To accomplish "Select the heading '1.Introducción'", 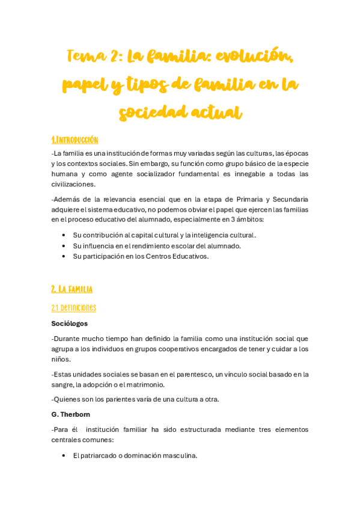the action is [75, 140].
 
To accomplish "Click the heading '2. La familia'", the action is [72, 289].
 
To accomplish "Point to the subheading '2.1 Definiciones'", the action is [73, 308].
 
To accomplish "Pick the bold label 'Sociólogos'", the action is [70, 324].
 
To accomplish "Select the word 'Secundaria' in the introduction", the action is [290, 199].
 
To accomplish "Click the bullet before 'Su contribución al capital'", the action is [64, 235].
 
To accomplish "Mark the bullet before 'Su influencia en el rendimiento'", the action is [64, 246].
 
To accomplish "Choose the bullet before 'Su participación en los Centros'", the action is [64, 256].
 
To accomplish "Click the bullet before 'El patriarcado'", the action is [64, 456].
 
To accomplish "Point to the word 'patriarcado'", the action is [99, 456].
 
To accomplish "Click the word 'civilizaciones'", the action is [73, 184].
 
